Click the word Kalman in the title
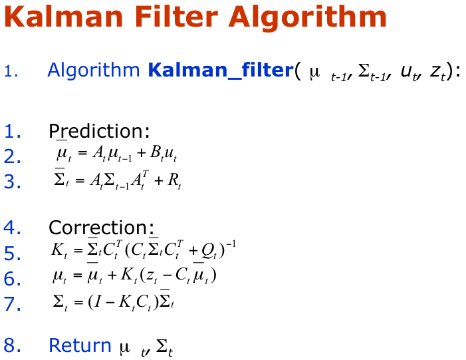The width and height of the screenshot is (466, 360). tap(63, 17)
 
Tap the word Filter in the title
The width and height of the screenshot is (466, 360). tap(176, 17)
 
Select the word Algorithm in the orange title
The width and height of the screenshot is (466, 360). tap(308, 19)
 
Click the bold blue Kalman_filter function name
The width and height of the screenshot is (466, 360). tap(221, 71)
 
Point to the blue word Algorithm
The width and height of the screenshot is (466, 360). tap(93, 71)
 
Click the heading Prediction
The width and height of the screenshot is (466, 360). tap(99, 130)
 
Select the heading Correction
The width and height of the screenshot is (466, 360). tap(101, 228)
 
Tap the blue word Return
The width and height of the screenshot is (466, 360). tap(80, 345)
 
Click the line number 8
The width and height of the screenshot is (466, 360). tap(12, 345)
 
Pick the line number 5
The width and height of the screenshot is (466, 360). tap(12, 253)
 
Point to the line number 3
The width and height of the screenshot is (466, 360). tap(12, 181)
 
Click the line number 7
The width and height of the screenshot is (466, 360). tap(12, 303)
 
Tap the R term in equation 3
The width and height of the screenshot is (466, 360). tap(174, 180)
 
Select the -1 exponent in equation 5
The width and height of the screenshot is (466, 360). tap(231, 245)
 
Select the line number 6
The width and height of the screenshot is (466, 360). tap(12, 278)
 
